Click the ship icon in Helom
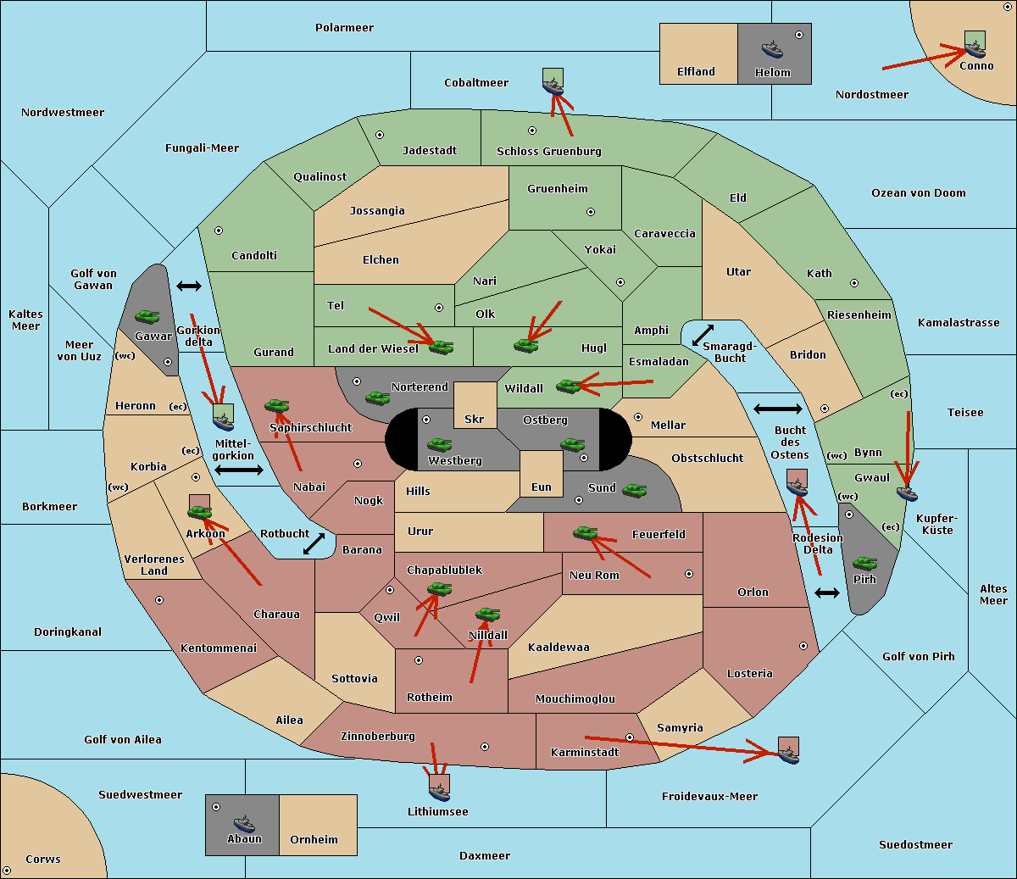pyautogui.click(x=772, y=49)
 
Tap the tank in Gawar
pyautogui.click(x=147, y=316)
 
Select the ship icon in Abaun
pyautogui.click(x=245, y=823)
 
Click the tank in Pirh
pyautogui.click(x=864, y=564)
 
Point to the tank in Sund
pyautogui.click(x=634, y=491)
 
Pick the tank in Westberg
pyautogui.click(x=439, y=445)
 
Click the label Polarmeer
pyautogui.click(x=344, y=28)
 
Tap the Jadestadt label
pyautogui.click(x=430, y=151)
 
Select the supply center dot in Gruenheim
pyautogui.click(x=591, y=212)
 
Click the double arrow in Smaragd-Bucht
pyautogui.click(x=703, y=335)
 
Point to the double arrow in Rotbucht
pyautogui.click(x=314, y=544)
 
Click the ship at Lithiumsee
pyautogui.click(x=439, y=793)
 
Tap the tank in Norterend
pyautogui.click(x=377, y=398)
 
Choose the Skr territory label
pyautogui.click(x=475, y=419)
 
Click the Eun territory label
pyautogui.click(x=542, y=487)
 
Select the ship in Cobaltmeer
pyautogui.click(x=553, y=86)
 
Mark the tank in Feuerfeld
pyautogui.click(x=585, y=533)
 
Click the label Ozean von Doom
pyautogui.click(x=919, y=193)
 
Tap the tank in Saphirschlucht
pyautogui.click(x=276, y=406)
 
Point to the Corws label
pyautogui.click(x=43, y=859)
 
